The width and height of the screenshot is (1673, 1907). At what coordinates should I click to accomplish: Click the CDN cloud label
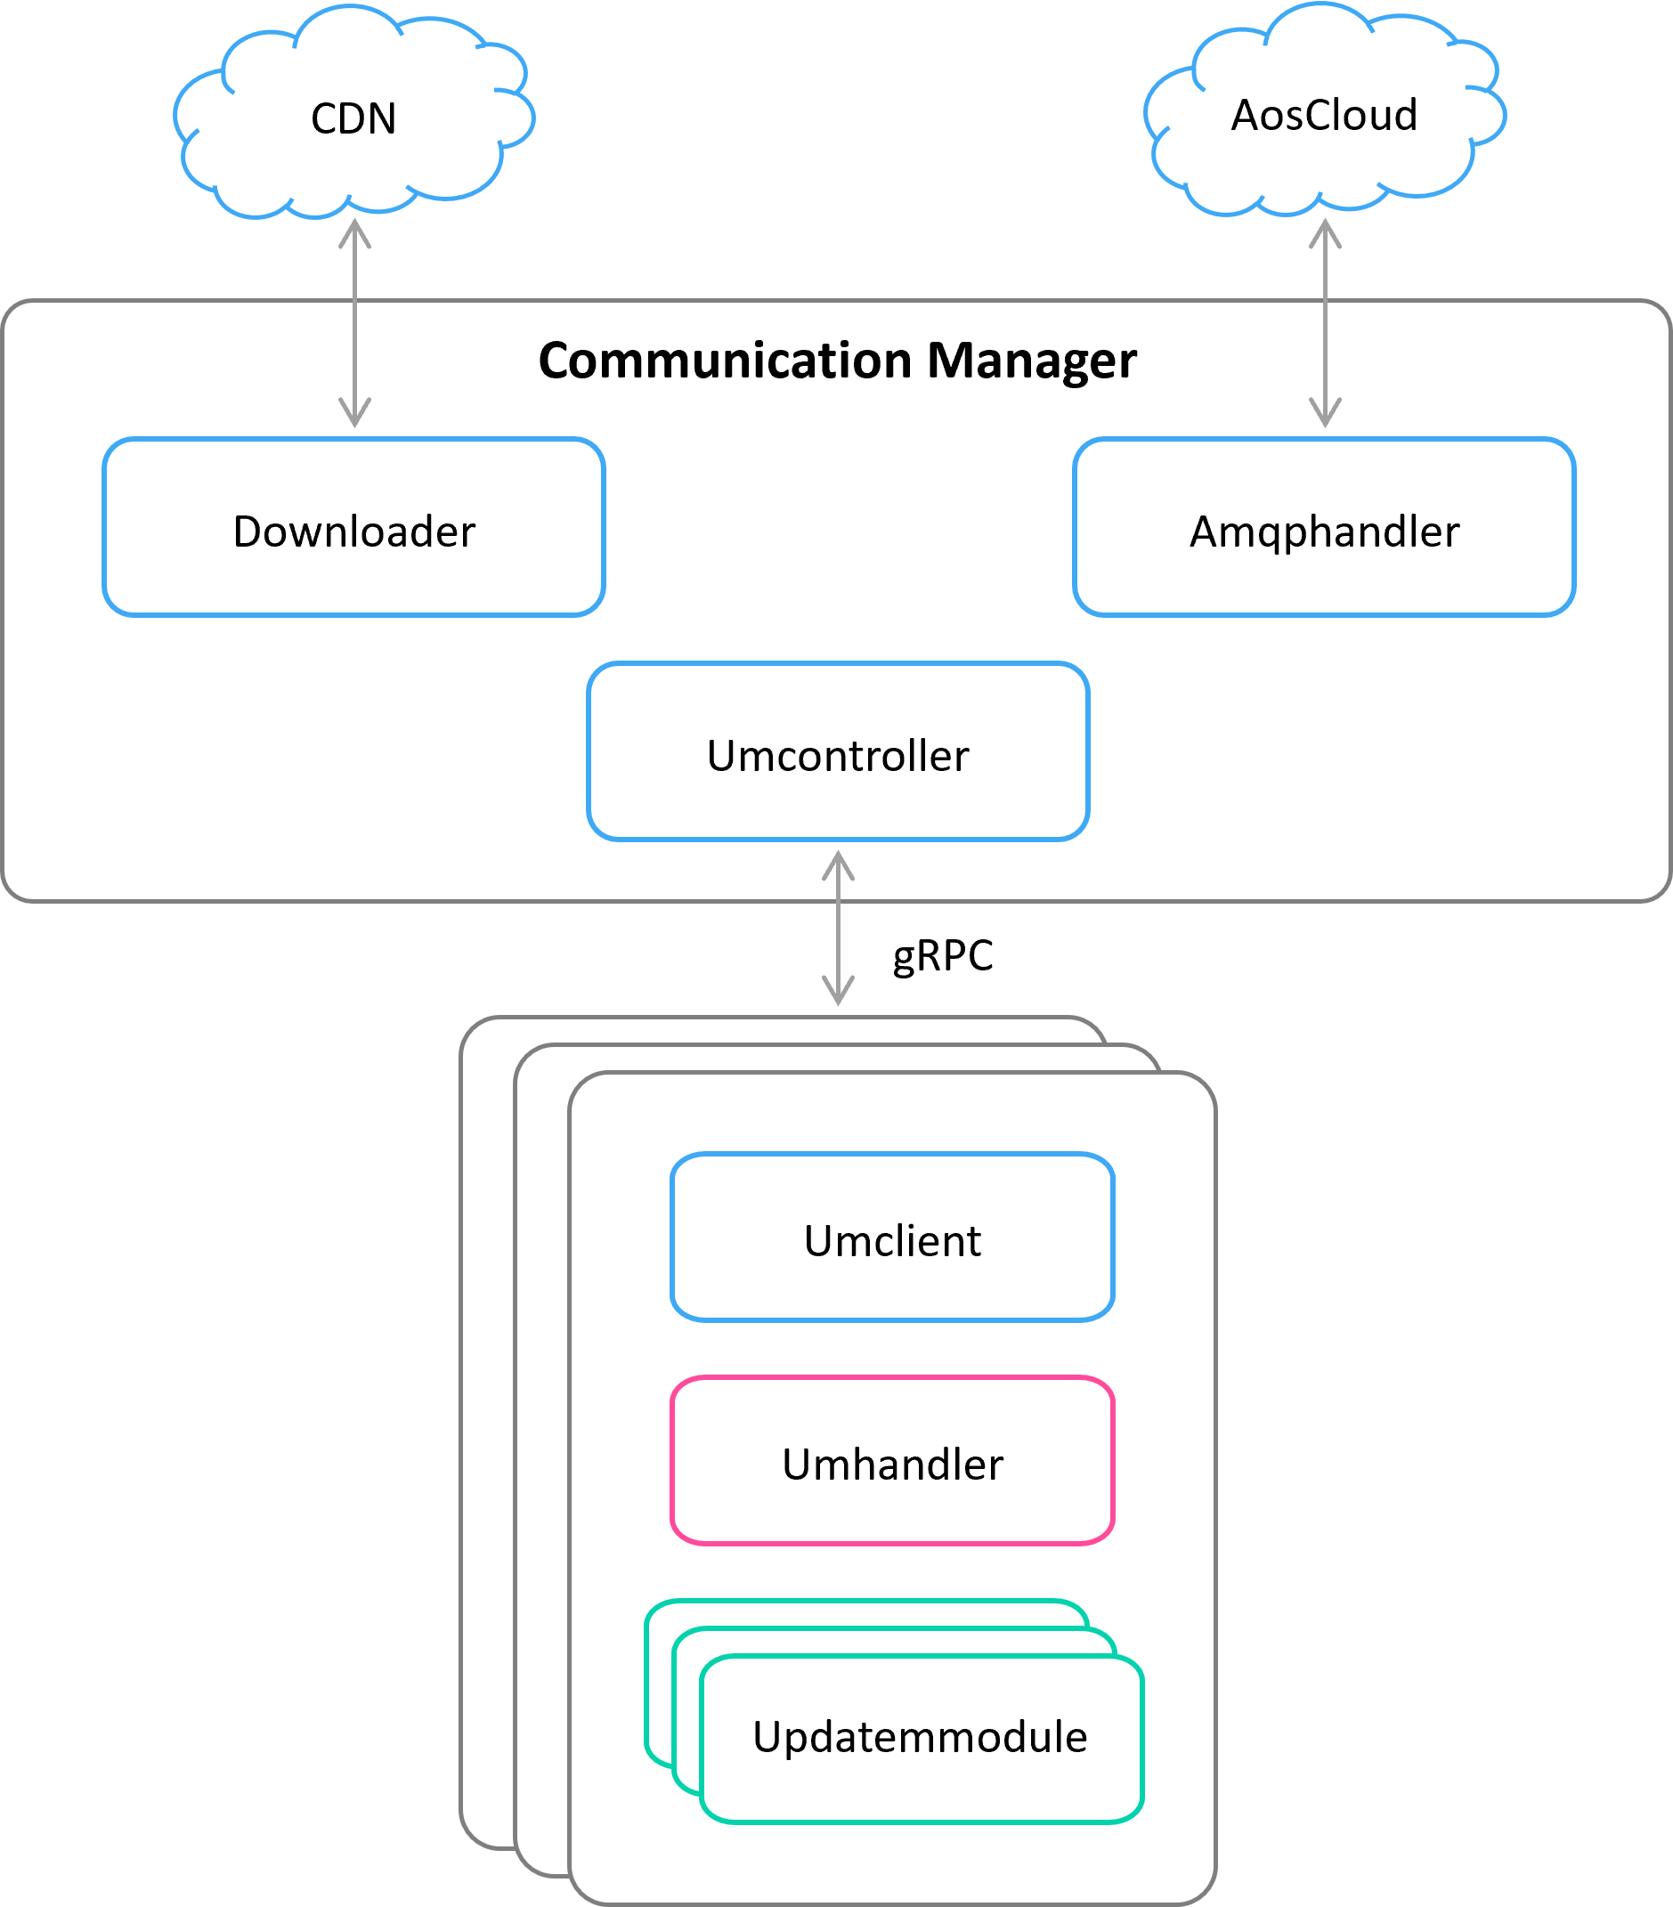tap(353, 119)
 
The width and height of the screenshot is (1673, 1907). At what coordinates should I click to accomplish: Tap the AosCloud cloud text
tap(1324, 116)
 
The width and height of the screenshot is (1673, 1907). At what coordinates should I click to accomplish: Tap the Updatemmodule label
tap(920, 1737)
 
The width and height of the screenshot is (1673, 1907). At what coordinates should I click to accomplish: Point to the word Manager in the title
tap(1031, 361)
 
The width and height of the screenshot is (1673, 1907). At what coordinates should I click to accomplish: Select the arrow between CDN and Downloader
tap(354, 322)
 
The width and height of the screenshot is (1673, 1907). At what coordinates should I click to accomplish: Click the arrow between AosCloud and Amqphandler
tap(1325, 322)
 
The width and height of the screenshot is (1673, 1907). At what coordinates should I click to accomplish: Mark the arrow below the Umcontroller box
tap(838, 929)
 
